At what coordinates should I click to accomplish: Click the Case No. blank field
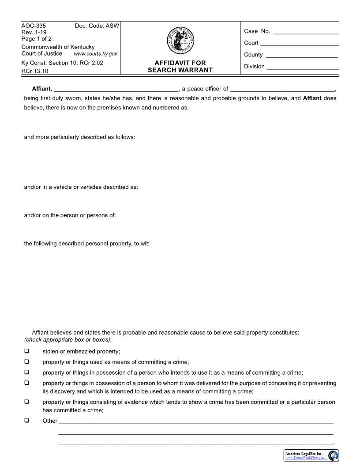click(x=306, y=32)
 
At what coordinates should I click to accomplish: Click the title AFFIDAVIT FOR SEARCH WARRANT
click(x=180, y=67)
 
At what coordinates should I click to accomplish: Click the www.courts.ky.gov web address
click(x=95, y=54)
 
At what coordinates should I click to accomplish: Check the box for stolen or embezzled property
click(x=27, y=351)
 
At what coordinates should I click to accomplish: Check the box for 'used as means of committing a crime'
click(x=27, y=361)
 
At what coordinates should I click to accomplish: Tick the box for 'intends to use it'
click(x=27, y=372)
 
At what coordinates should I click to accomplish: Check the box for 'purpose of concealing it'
click(x=27, y=383)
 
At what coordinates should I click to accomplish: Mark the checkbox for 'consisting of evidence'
click(x=27, y=402)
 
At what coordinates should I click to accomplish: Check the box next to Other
click(x=27, y=421)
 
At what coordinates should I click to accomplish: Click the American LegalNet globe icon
click(x=334, y=455)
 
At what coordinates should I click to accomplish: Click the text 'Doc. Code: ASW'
click(x=97, y=26)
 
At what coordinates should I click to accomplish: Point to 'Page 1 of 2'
click(x=37, y=39)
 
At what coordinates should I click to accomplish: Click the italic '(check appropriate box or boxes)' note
click(x=67, y=339)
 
